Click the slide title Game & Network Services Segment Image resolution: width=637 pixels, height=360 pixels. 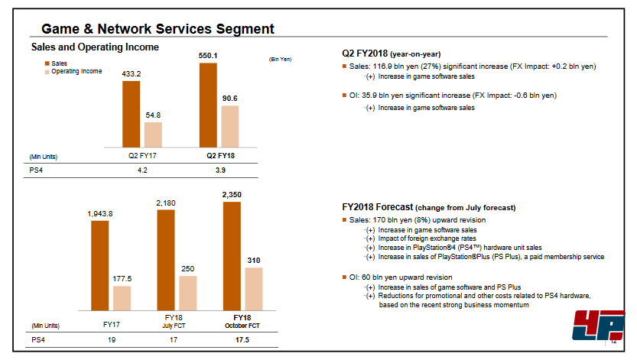click(158, 29)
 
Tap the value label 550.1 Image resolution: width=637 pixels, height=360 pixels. click(208, 56)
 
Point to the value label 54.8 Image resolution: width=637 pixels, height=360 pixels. click(153, 115)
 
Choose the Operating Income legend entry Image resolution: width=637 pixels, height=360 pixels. click(76, 71)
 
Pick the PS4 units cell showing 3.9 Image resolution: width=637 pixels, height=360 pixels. click(220, 170)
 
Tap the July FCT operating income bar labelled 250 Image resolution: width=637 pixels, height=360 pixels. click(188, 291)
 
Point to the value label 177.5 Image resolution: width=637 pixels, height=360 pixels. click(122, 278)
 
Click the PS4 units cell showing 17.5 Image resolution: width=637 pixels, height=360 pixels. click(242, 339)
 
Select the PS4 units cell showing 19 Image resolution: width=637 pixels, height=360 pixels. click(111, 339)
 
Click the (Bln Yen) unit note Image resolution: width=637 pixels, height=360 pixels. click(281, 59)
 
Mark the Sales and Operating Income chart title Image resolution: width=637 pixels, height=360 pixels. click(95, 47)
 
